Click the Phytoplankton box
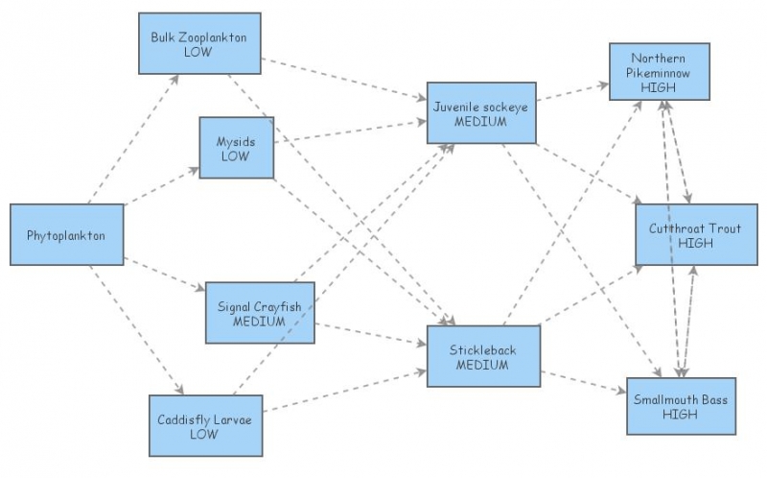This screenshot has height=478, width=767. tap(66, 234)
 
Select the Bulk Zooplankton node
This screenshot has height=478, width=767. tap(198, 43)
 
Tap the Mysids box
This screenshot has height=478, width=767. tap(236, 148)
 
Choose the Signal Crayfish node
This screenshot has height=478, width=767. tap(259, 313)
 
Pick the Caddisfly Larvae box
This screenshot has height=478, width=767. tap(203, 425)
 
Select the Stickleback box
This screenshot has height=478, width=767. tap(483, 356)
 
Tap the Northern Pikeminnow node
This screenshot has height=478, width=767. tap(658, 71)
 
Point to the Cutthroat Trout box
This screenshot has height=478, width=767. tap(689, 235)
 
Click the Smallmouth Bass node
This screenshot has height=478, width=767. tap(682, 406)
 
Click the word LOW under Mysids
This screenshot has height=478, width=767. tap(235, 155)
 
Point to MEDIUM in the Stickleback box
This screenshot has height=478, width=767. tap(482, 365)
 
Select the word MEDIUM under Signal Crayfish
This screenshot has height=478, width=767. tap(259, 322)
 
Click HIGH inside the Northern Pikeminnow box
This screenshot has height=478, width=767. tap(658, 86)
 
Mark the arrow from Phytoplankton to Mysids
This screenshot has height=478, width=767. tap(161, 188)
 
